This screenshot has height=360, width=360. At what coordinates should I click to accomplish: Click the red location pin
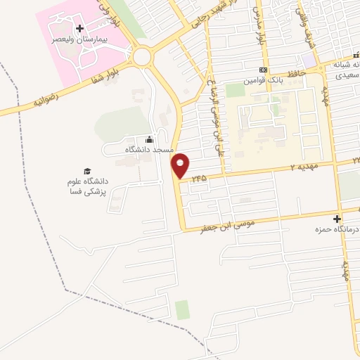tap(181, 165)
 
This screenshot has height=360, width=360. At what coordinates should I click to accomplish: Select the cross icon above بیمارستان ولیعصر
tap(79, 29)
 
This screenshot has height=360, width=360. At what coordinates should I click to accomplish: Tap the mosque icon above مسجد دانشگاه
tap(148, 139)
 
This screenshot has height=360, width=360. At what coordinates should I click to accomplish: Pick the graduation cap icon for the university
tap(87, 170)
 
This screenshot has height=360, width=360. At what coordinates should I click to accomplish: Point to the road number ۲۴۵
tap(199, 179)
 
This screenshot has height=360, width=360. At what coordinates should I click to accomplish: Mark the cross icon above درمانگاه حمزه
tap(337, 219)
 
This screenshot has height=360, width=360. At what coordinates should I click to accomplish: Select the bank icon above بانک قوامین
tap(263, 70)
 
